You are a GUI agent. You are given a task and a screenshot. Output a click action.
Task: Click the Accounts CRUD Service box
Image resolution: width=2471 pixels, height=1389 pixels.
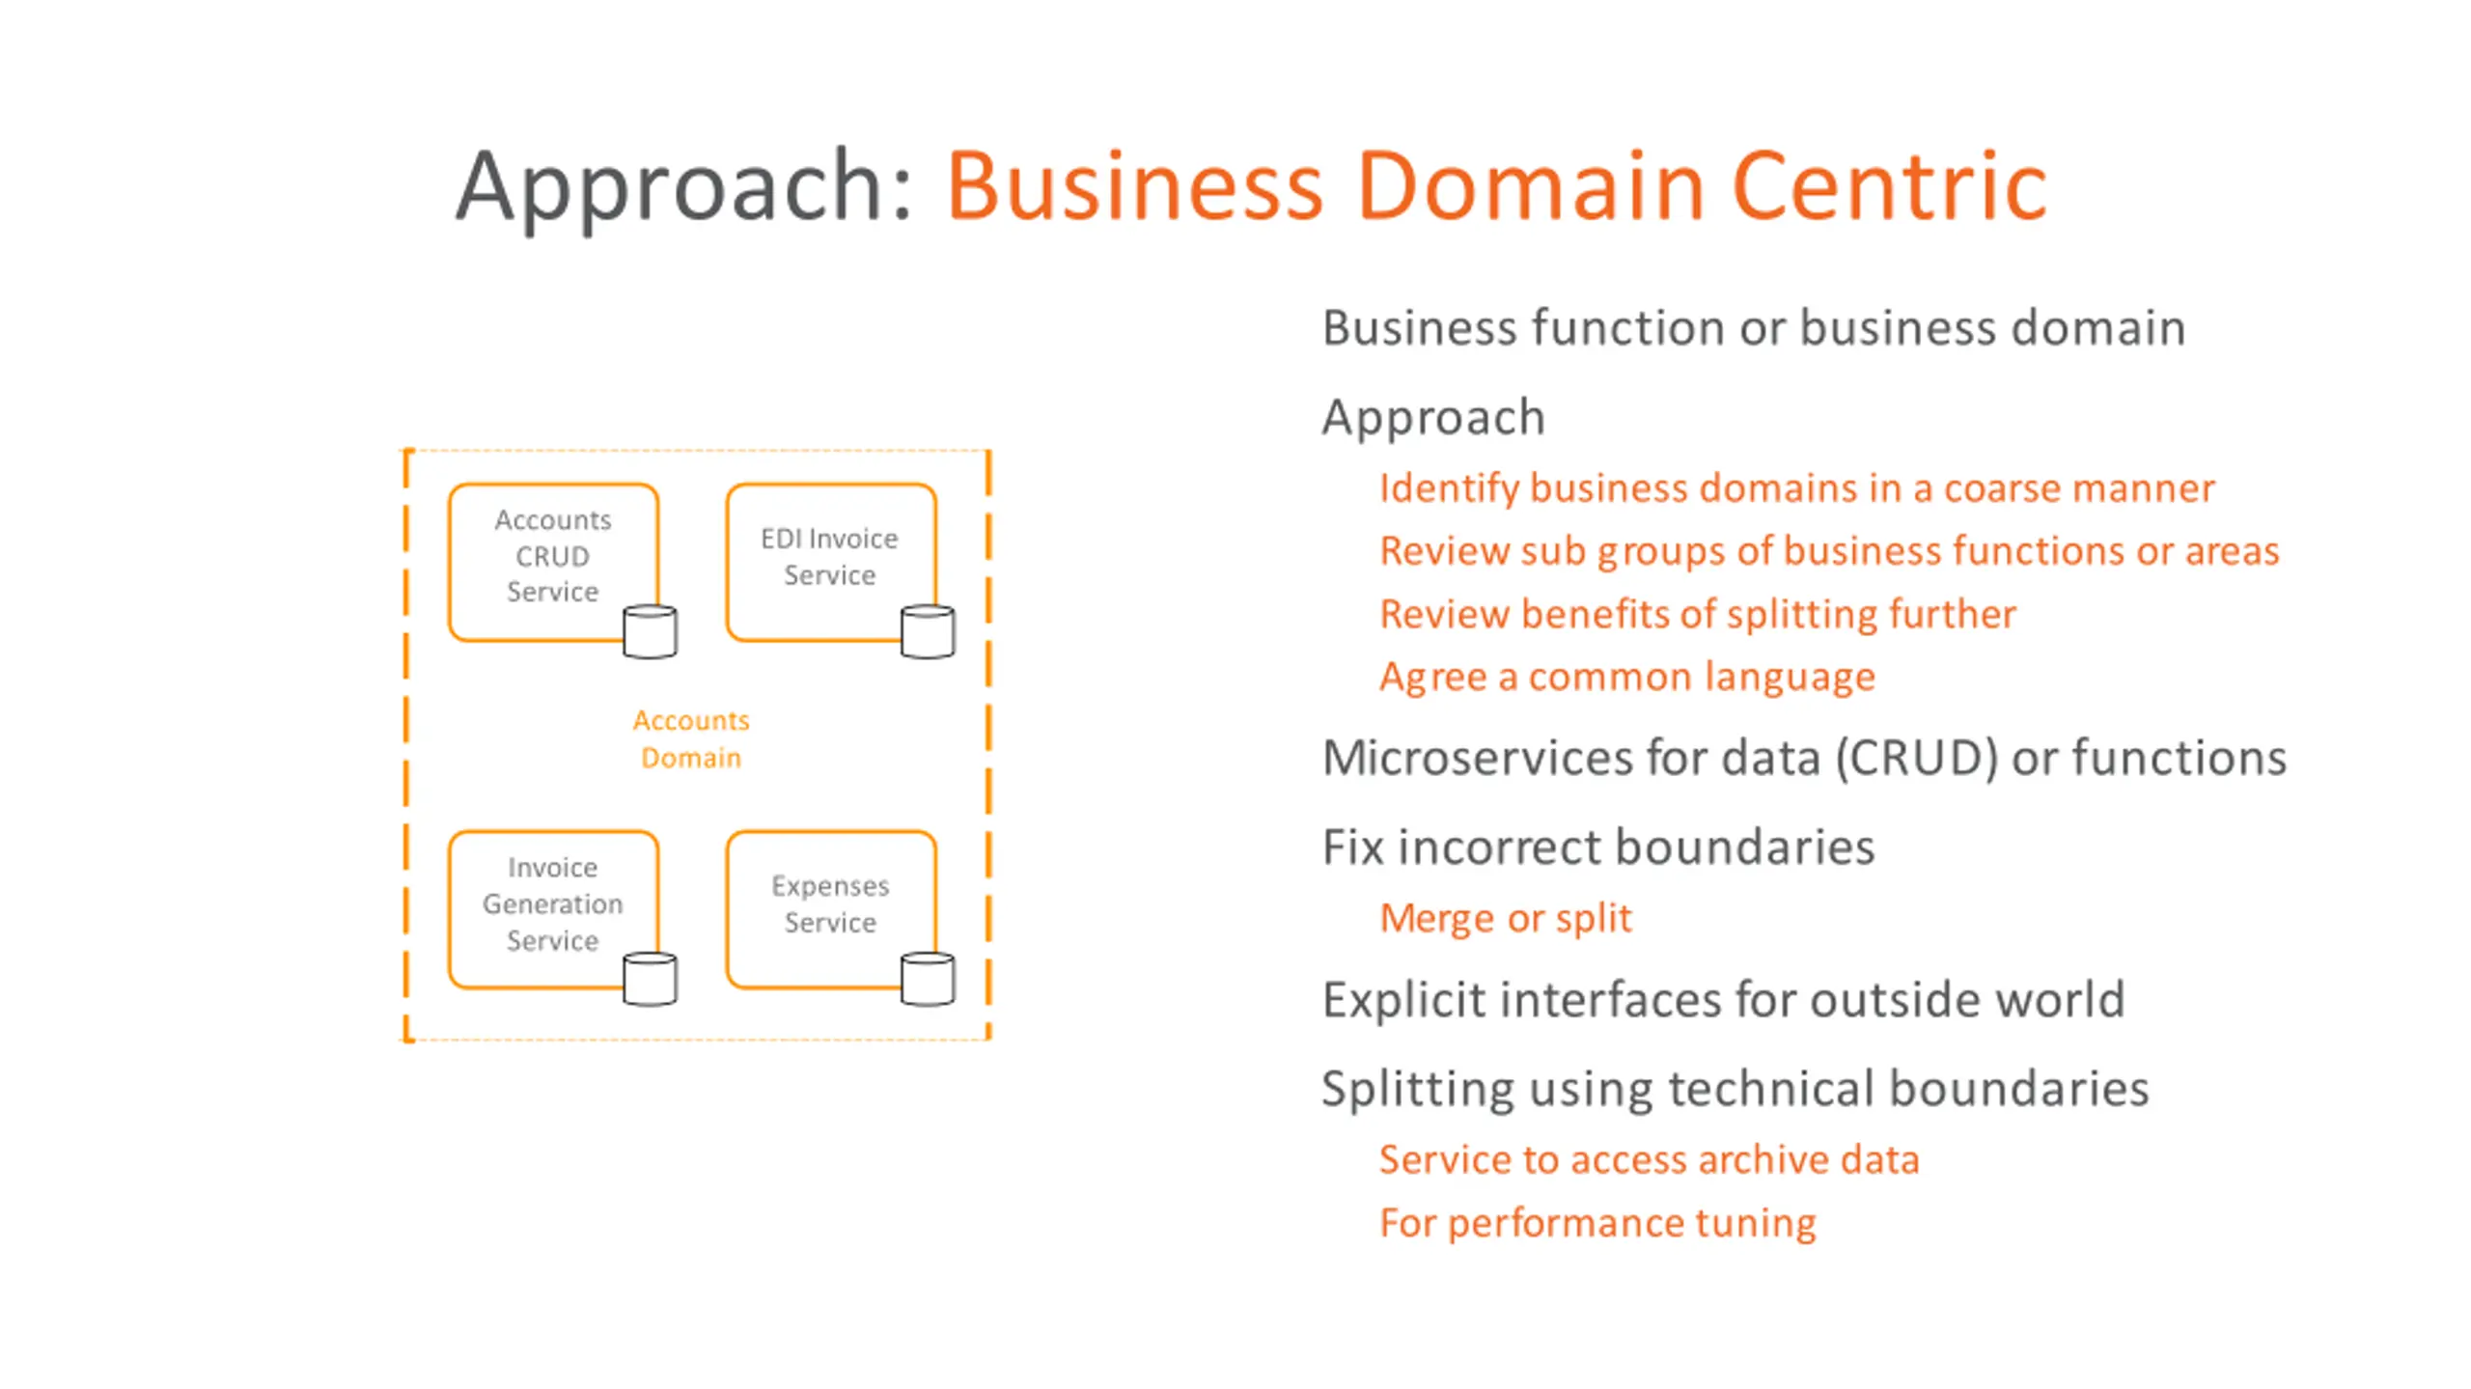pos(553,562)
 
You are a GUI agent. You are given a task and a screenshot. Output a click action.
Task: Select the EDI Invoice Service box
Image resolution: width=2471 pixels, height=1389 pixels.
pos(831,562)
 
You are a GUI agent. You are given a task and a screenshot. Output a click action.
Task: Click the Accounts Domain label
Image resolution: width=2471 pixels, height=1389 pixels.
pos(691,738)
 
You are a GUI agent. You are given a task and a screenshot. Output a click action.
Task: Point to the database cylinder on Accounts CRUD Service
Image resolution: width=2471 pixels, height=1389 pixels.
pos(650,631)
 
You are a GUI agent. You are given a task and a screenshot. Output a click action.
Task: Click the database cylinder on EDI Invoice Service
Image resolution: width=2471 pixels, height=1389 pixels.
pos(928,631)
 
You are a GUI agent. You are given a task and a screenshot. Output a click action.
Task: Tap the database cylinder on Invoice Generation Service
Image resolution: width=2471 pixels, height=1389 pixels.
pos(650,979)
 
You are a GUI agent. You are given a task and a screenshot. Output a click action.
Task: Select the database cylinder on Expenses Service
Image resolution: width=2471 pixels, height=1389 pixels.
pos(928,979)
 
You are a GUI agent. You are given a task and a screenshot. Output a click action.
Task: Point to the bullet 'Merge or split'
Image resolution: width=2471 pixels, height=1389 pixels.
pos(1506,918)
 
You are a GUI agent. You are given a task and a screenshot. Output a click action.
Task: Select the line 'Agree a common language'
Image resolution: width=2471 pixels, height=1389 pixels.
pos(1627,677)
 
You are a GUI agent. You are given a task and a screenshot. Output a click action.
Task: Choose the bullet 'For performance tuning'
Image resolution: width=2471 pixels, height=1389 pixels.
pos(1597,1223)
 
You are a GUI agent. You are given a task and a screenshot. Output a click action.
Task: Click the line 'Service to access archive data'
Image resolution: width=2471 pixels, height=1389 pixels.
pos(1650,1159)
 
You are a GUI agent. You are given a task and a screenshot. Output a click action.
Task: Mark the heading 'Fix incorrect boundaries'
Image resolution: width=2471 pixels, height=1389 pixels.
pos(1598,847)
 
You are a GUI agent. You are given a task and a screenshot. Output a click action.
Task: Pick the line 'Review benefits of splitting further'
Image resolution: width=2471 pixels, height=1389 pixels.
pos(1698,614)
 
